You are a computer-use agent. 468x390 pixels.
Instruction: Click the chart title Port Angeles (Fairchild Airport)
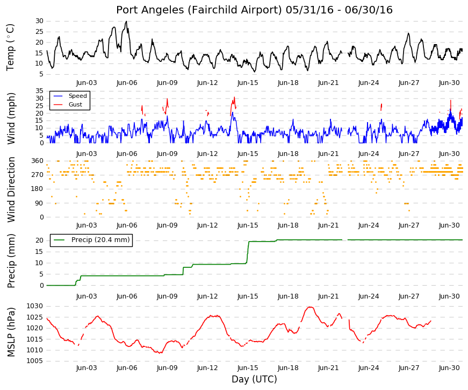click(x=199, y=10)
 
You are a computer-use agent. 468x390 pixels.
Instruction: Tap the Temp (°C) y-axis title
click(x=10, y=47)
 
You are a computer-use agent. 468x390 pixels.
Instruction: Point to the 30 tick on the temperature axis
click(x=39, y=21)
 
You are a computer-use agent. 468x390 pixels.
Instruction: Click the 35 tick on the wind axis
click(x=39, y=91)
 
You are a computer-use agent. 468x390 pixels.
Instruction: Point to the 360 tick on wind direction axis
click(x=38, y=161)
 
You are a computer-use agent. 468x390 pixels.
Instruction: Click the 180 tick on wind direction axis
click(x=38, y=189)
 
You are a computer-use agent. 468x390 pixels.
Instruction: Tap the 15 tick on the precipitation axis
click(x=40, y=252)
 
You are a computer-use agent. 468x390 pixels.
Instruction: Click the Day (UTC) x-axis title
click(x=254, y=379)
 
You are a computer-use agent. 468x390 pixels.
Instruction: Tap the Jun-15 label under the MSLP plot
click(x=248, y=368)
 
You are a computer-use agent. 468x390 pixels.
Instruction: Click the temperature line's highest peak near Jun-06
click(x=126, y=21)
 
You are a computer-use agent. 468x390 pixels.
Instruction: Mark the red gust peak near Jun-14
click(x=234, y=97)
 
